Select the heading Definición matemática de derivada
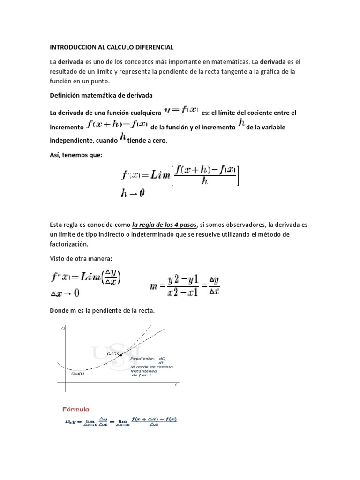101,95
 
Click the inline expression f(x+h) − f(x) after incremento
118,126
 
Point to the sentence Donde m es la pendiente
108,310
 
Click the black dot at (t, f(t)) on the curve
121,355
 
